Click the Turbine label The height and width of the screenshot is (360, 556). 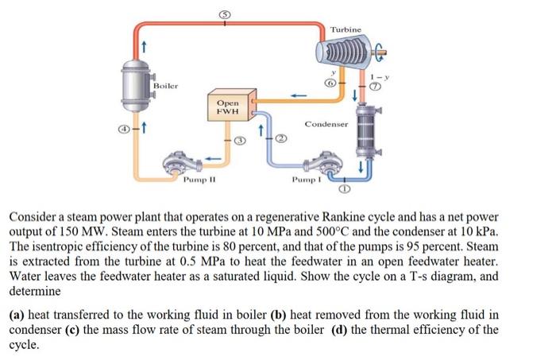(x=346, y=29)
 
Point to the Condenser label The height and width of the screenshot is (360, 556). (x=326, y=125)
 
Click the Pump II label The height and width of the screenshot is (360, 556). (x=195, y=180)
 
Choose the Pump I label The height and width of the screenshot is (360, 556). (x=307, y=180)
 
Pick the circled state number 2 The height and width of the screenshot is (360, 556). (x=280, y=139)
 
